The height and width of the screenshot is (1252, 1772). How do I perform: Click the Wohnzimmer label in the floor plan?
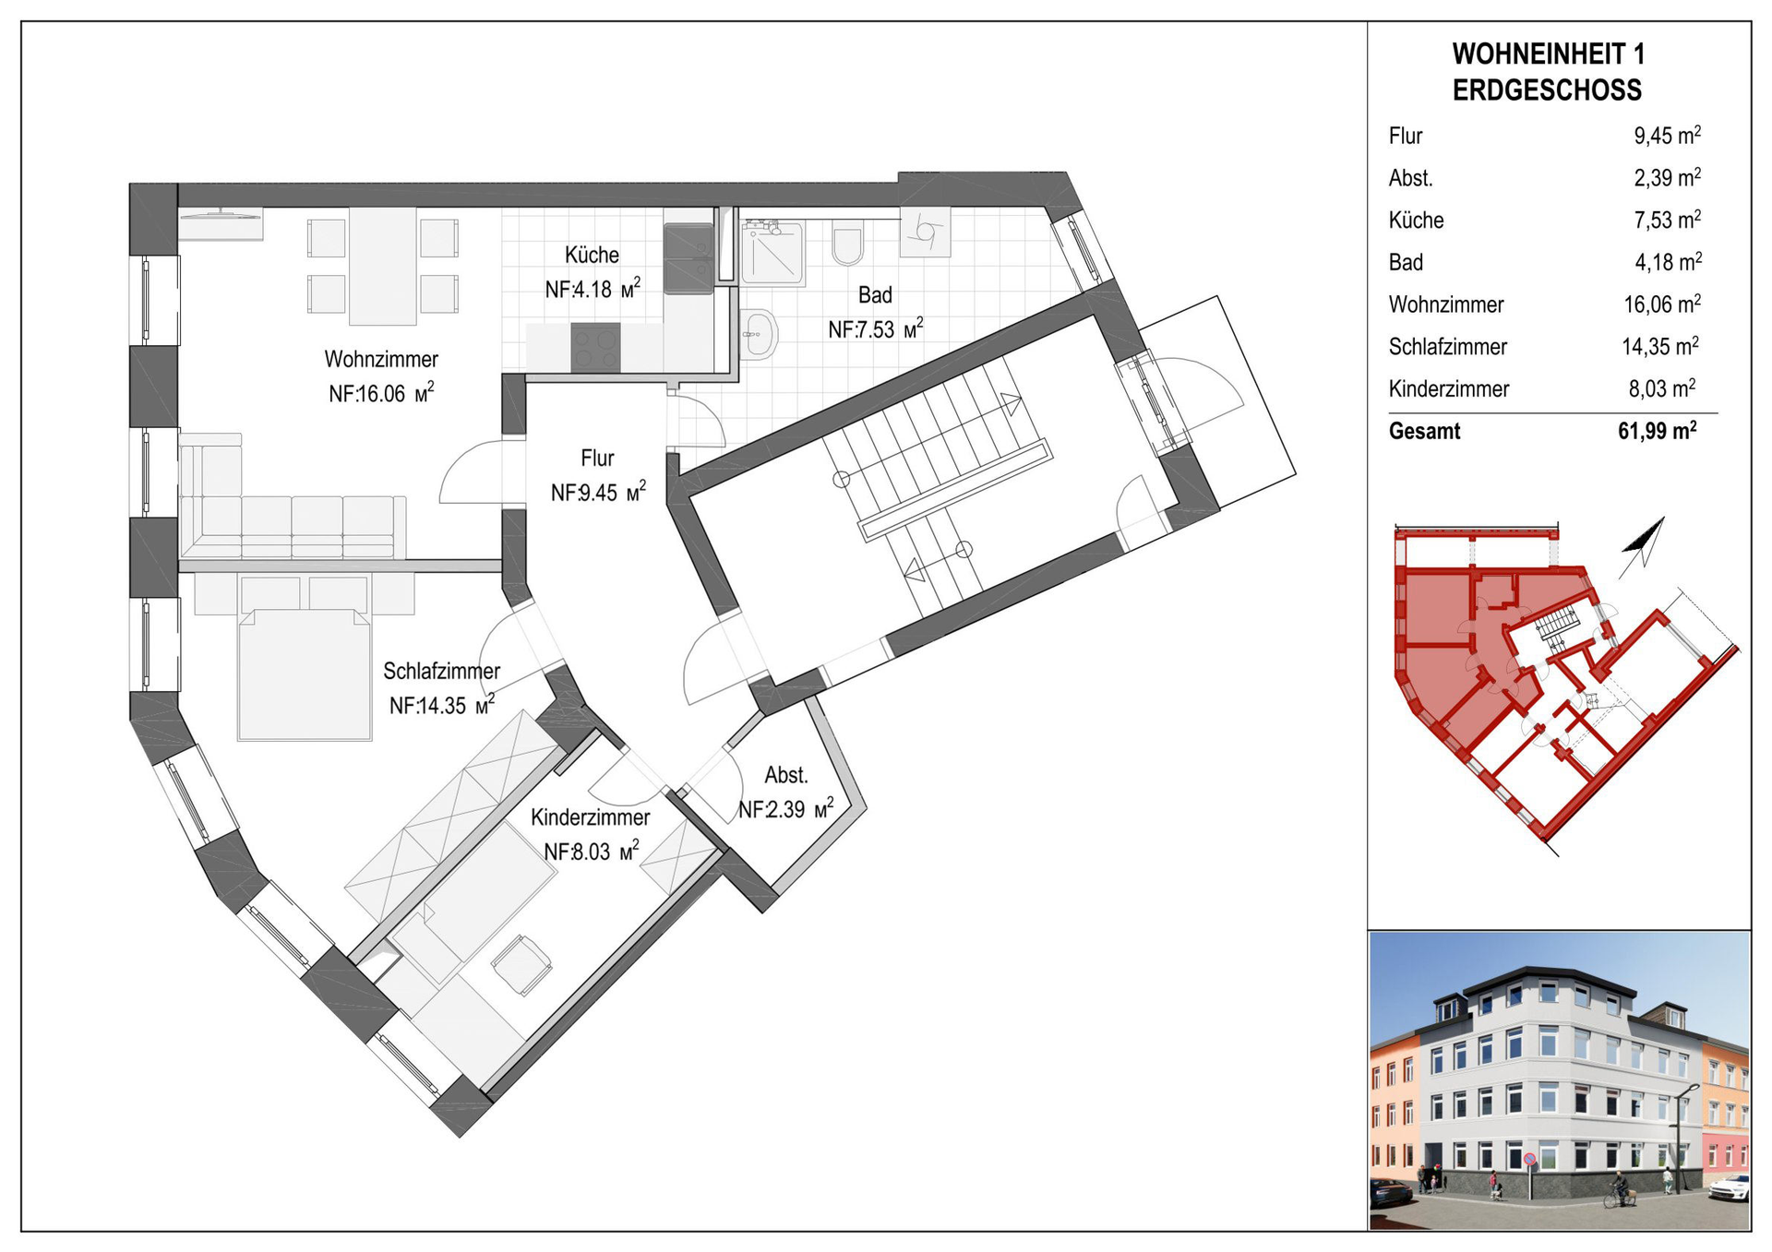pos(381,359)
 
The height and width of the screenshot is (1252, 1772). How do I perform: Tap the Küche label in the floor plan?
pos(592,255)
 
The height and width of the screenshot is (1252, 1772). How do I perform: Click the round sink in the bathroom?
pos(760,332)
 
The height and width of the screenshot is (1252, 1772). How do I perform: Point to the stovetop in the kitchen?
pos(595,348)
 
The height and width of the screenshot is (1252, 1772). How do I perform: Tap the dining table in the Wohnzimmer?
pos(383,267)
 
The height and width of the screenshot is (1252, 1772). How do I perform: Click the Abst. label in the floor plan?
pos(785,775)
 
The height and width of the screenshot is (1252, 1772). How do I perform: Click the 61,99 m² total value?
pos(1658,431)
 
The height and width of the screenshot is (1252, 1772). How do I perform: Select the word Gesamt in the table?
pos(1424,432)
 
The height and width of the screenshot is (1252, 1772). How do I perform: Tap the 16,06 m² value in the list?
pos(1662,304)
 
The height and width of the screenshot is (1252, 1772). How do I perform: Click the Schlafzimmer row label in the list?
pos(1447,347)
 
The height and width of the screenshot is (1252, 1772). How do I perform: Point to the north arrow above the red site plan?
pos(1642,548)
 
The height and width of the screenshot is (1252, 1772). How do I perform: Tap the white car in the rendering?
pos(1729,1187)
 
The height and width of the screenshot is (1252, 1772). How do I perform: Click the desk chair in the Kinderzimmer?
pos(521,964)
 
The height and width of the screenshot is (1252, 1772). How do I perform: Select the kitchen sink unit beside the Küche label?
pos(688,258)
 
